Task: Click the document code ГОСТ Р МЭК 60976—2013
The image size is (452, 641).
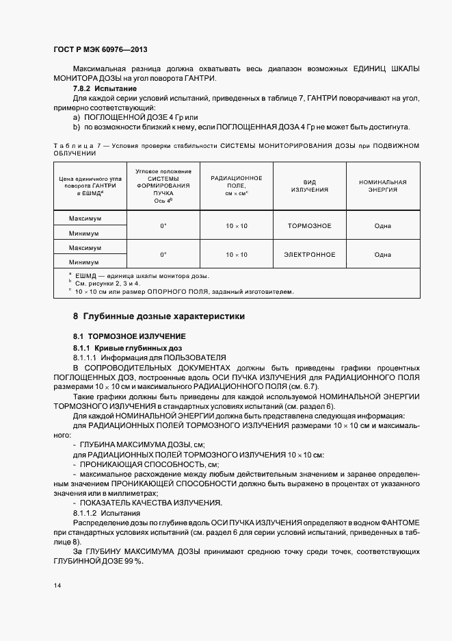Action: tap(100, 50)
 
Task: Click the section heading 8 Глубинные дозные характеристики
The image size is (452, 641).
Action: tap(159, 316)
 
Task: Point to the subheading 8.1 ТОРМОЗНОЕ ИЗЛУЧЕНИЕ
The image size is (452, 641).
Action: tap(130, 337)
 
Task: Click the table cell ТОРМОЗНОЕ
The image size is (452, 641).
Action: tap(309, 226)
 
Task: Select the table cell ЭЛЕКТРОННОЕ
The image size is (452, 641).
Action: tap(309, 255)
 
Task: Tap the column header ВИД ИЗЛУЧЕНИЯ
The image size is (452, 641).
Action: tap(309, 186)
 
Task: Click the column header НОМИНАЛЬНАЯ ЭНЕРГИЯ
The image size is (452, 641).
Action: tap(382, 186)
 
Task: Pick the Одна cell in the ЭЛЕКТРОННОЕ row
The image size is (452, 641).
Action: tap(382, 255)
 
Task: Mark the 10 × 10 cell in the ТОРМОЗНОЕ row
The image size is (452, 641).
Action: tap(237, 226)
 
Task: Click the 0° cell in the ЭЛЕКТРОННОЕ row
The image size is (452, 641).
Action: tap(163, 255)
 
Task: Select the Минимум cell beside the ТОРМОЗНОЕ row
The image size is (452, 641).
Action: tap(84, 233)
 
